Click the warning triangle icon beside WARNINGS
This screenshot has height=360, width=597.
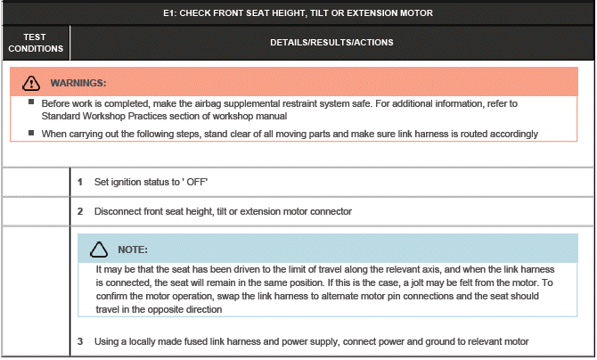tap(32, 83)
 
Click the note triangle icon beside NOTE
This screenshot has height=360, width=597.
tap(99, 249)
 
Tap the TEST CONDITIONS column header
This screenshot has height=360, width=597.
tap(36, 42)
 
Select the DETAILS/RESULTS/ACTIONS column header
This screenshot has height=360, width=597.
tap(331, 42)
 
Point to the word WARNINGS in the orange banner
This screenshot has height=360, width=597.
tap(78, 83)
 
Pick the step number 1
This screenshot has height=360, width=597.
tap(80, 182)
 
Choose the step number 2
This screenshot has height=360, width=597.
tap(80, 211)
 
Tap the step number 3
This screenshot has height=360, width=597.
tap(80, 341)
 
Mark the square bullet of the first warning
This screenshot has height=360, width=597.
tap(32, 104)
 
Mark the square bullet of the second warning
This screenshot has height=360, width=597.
tap(32, 133)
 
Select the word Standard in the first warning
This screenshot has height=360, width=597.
tap(61, 117)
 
